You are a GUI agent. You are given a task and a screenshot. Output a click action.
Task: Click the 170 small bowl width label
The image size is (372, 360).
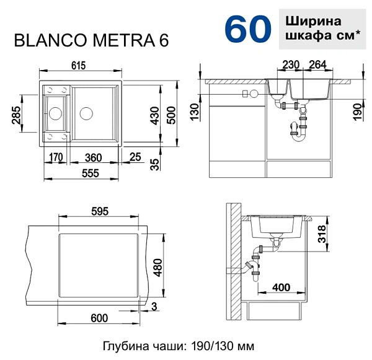pos(56,157)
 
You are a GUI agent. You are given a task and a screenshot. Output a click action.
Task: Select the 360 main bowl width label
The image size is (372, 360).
pos(93,157)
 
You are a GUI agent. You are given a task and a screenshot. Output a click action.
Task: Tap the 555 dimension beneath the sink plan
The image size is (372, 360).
pos(91,174)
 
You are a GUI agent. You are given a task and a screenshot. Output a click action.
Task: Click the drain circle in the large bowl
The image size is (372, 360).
pos(86,113)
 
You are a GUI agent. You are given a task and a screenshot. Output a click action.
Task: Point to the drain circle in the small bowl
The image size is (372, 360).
pos(55,113)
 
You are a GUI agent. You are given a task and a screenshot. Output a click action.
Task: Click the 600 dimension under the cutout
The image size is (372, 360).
pos(99,318)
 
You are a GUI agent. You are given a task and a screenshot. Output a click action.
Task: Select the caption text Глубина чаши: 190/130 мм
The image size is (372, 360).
pos(179,346)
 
